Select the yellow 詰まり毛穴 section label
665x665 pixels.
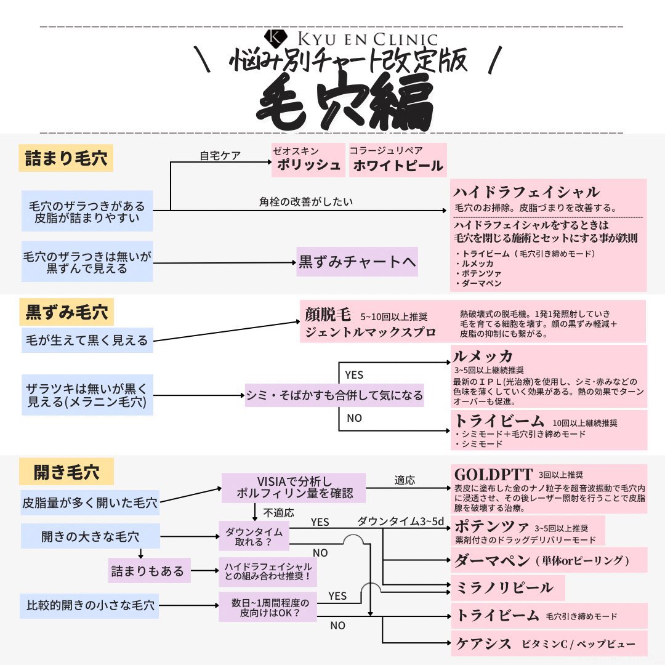(x=66, y=158)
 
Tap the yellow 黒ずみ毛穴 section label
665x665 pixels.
(x=66, y=313)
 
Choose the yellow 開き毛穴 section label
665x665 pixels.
(x=66, y=473)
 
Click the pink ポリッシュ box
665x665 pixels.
(x=308, y=160)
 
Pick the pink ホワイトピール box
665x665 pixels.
(x=398, y=160)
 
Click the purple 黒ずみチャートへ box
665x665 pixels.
(x=357, y=262)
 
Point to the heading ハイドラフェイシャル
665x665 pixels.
(x=526, y=191)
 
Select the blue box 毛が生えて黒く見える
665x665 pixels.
(x=87, y=340)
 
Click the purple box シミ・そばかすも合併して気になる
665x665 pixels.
(x=334, y=395)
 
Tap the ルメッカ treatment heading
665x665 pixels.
(x=483, y=356)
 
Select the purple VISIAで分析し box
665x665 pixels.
(x=293, y=487)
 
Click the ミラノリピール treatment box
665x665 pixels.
(x=504, y=587)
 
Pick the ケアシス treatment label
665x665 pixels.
(x=483, y=644)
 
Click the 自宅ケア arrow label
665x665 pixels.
(x=220, y=156)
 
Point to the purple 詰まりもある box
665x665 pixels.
(x=148, y=571)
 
